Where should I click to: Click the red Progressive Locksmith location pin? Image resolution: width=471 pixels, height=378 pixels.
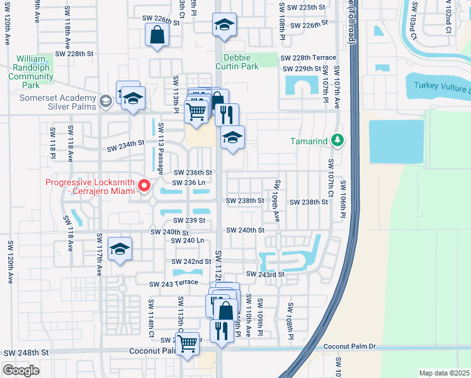click(x=144, y=185)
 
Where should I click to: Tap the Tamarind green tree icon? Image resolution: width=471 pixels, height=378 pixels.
click(x=338, y=140)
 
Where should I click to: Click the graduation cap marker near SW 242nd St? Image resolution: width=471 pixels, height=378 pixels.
click(x=119, y=248)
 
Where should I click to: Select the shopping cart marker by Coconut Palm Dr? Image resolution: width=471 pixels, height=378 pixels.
click(x=187, y=344)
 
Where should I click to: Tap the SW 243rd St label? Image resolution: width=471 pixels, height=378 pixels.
click(x=265, y=274)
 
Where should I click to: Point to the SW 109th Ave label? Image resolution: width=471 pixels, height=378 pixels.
click(x=276, y=200)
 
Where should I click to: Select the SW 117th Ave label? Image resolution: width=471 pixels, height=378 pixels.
click(x=99, y=254)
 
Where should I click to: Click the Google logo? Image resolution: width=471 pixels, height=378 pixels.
click(x=21, y=370)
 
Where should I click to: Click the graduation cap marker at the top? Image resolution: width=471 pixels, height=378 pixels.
click(x=224, y=25)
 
